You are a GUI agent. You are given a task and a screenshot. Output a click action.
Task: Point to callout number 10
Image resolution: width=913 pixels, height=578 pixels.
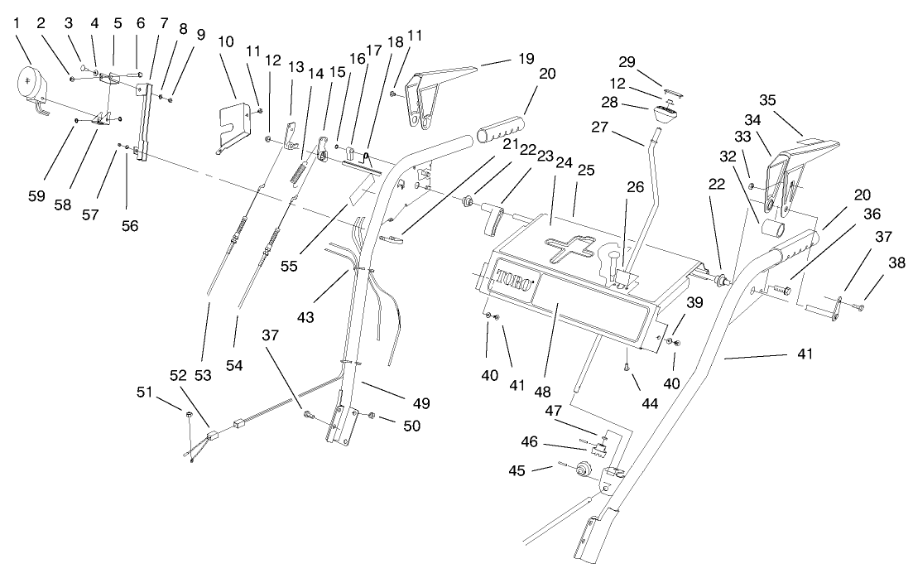tap(226, 41)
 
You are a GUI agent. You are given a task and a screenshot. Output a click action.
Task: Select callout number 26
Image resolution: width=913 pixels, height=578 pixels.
tap(636, 187)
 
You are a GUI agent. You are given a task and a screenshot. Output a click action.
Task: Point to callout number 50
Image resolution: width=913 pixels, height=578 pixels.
tap(411, 426)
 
